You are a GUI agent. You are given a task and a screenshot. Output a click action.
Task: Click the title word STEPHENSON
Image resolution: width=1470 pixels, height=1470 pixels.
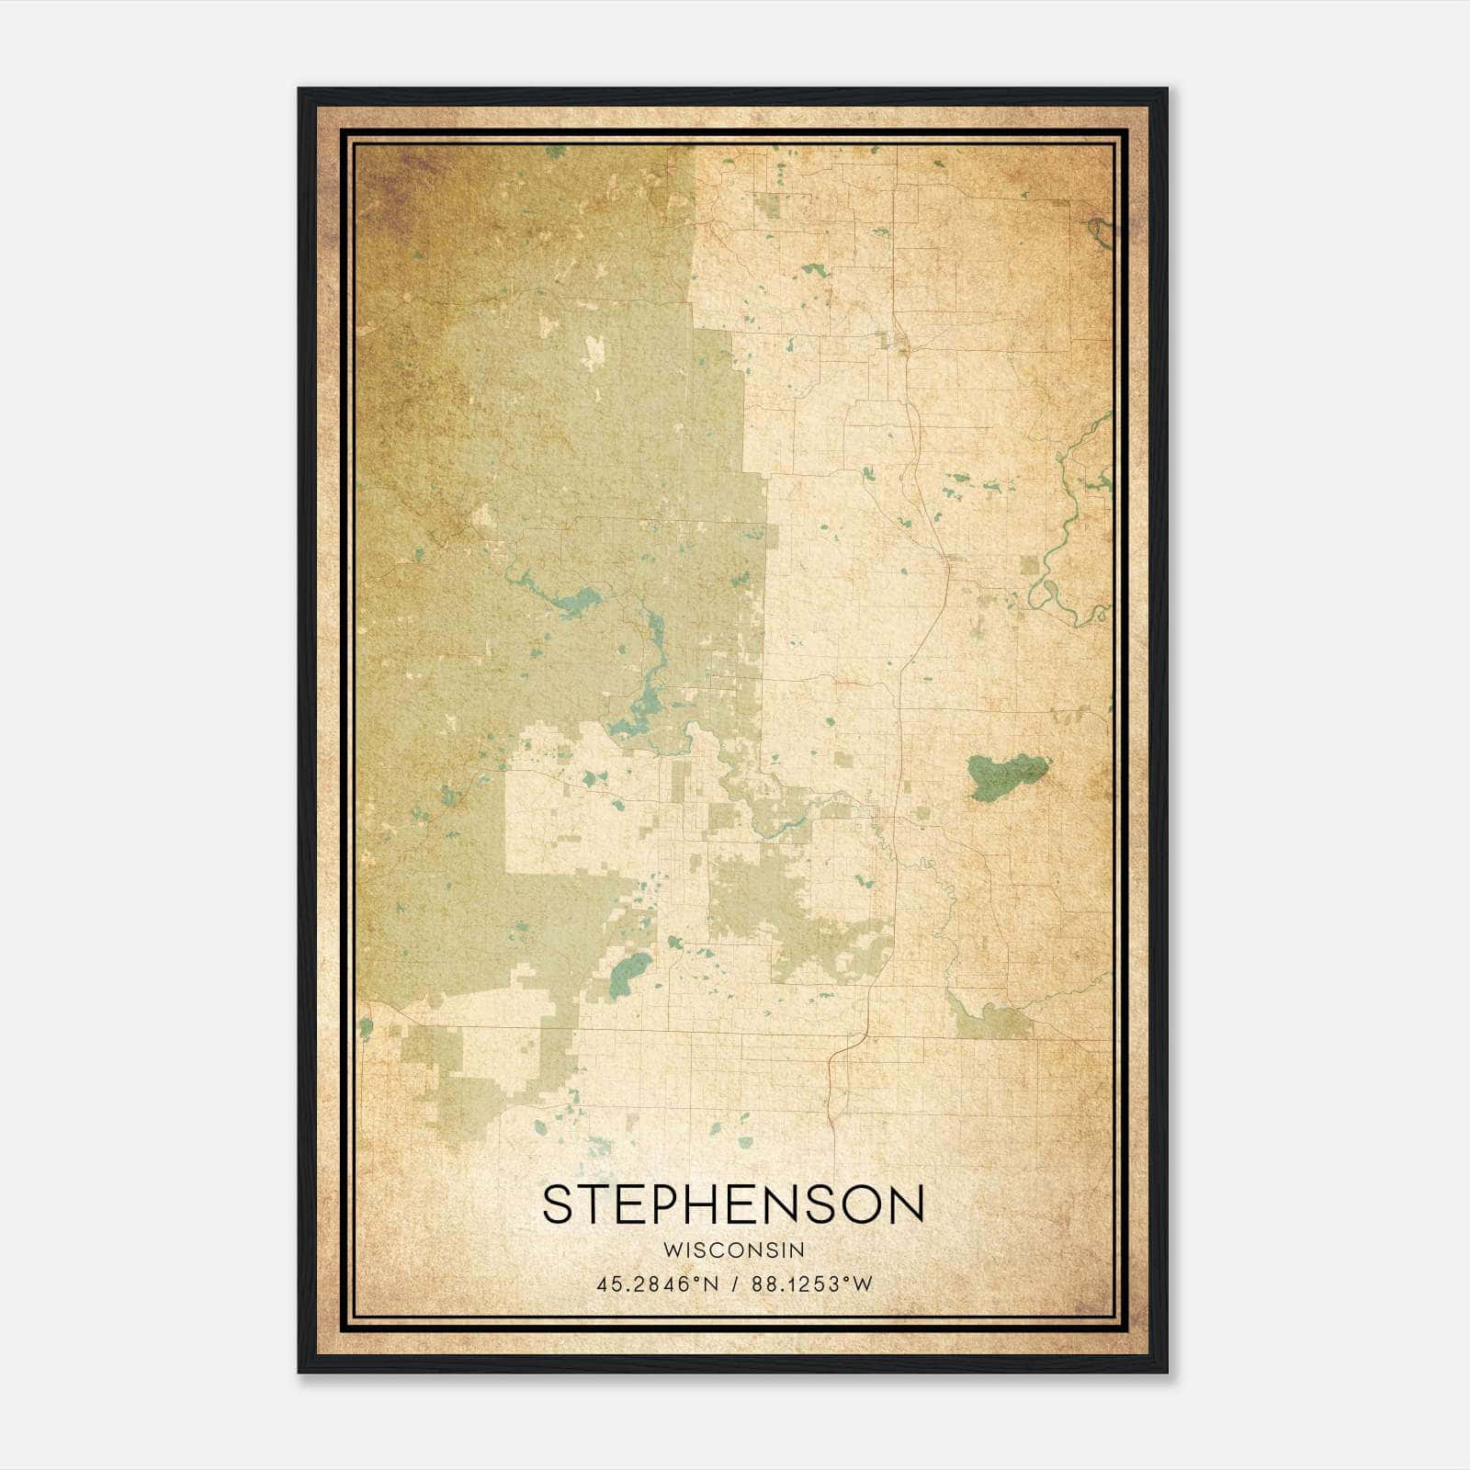tap(733, 1204)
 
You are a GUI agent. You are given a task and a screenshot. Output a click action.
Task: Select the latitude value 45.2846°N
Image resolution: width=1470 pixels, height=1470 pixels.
tap(658, 1284)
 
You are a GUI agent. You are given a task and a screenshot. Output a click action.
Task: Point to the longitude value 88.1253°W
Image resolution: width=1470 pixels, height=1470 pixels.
tap(812, 1284)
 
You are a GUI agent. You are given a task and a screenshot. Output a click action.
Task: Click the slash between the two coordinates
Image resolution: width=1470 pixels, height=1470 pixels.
tap(735, 1284)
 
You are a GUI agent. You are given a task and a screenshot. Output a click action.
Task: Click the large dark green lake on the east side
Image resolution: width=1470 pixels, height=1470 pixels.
tap(1004, 776)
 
